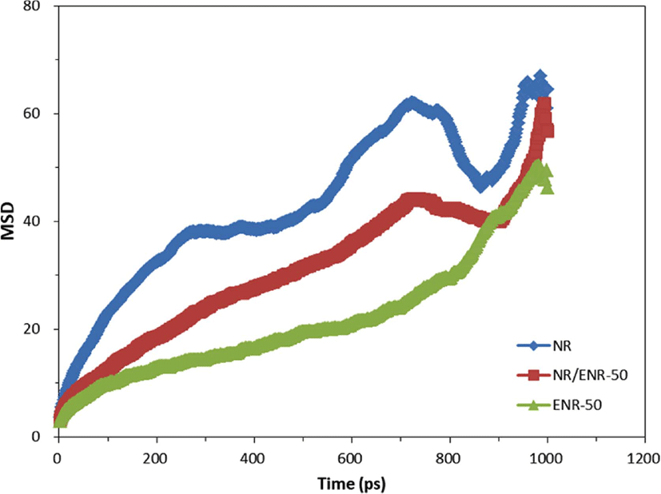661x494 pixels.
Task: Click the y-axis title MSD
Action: coord(7,221)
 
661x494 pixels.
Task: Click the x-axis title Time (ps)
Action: coord(352,483)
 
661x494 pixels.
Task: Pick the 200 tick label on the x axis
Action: coord(157,458)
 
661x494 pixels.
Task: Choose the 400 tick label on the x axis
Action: coord(254,458)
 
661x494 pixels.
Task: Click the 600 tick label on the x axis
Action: coord(352,458)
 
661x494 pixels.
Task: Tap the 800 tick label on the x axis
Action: coord(450,458)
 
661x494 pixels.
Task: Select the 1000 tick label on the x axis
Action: coord(548,458)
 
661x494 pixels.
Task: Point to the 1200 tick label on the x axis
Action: coord(643,458)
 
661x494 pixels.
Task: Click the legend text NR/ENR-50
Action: coord(590,375)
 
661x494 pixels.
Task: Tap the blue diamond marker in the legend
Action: coord(535,346)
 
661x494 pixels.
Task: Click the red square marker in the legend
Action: coord(535,375)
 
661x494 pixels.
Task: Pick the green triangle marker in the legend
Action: coord(535,405)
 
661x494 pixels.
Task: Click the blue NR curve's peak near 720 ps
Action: coord(411,104)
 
